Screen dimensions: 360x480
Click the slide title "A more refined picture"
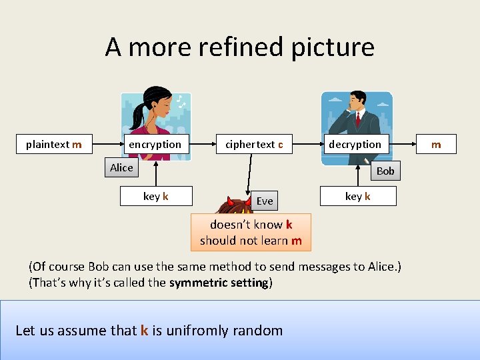[x=239, y=47]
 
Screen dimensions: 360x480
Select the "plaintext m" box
[x=54, y=144]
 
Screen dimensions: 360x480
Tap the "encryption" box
[x=155, y=144]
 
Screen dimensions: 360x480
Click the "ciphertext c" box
[x=254, y=144]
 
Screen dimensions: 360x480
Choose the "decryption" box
[x=355, y=144]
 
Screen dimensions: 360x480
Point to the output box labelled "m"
[x=436, y=144]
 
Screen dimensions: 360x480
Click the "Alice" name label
[x=121, y=167]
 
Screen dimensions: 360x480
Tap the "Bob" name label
[x=385, y=171]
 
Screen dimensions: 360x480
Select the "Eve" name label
[x=265, y=201]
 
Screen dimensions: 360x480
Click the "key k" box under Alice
[x=156, y=196]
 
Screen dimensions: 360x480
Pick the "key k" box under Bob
[x=358, y=196]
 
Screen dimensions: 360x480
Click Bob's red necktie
[x=358, y=119]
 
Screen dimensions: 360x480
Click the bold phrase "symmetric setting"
[x=219, y=282]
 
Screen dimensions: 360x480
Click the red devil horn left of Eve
[x=231, y=201]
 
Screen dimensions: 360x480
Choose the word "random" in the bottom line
[x=260, y=330]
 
